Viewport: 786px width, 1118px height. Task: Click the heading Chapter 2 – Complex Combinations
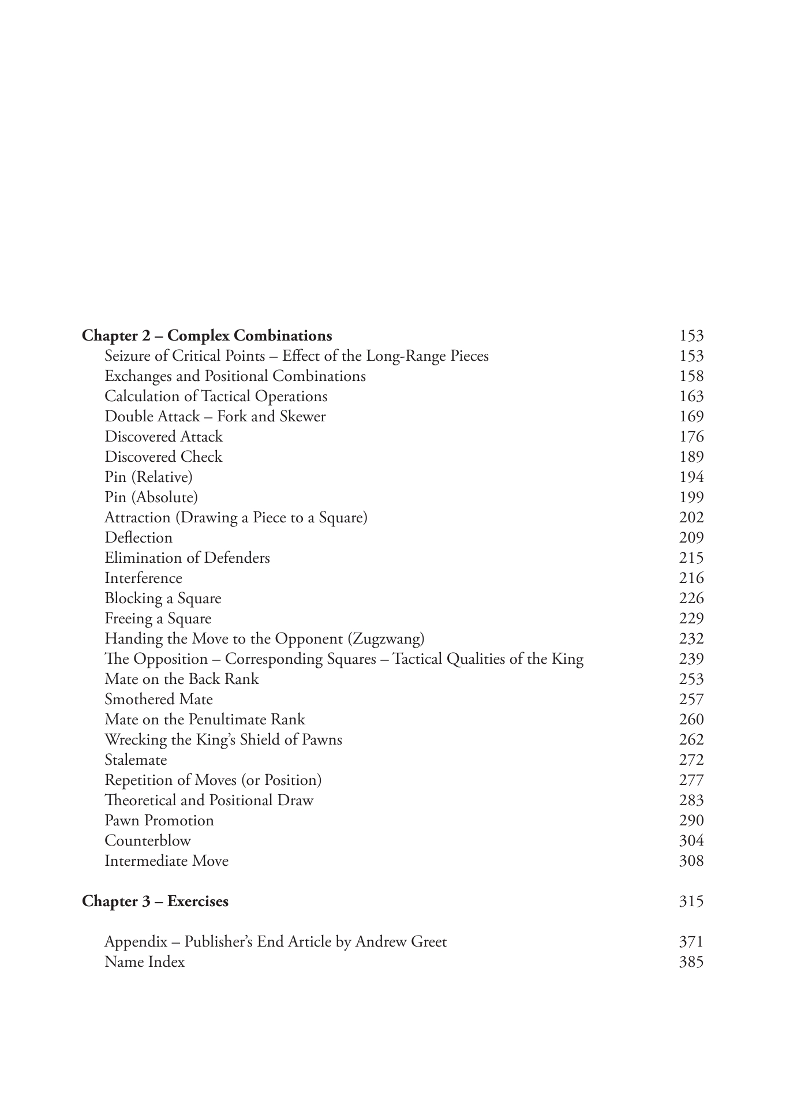tap(207, 336)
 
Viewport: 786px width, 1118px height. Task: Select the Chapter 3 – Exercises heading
tap(155, 902)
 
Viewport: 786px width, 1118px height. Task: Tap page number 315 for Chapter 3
tap(691, 902)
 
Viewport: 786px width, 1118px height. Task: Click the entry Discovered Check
tap(163, 457)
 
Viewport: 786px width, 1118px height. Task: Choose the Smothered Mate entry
tap(159, 700)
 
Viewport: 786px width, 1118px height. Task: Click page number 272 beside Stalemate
tap(691, 760)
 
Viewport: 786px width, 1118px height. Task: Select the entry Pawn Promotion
tap(159, 821)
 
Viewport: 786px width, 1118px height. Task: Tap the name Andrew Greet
tap(401, 942)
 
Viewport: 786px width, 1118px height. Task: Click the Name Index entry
tap(144, 962)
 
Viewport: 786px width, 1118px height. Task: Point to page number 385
tap(691, 962)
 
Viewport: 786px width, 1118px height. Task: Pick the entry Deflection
tap(139, 538)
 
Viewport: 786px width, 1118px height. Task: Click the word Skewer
tap(302, 417)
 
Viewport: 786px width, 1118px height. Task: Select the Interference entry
tap(143, 578)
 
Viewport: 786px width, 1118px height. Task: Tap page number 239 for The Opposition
tap(691, 659)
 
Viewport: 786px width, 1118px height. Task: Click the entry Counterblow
tap(147, 841)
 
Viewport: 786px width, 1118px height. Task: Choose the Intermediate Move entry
tap(166, 861)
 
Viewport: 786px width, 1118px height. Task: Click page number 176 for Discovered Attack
tap(691, 437)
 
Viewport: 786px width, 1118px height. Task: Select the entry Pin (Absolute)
tap(151, 498)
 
